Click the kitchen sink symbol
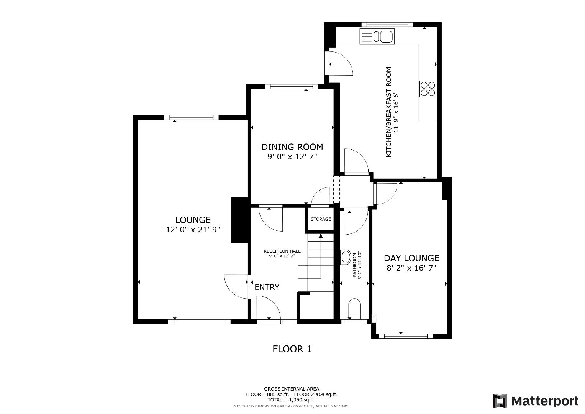point(377,37)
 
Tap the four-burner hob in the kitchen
point(428,89)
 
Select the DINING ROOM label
point(292,147)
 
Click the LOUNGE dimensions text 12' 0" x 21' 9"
point(193,230)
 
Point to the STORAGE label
point(321,219)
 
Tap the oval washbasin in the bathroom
point(345,257)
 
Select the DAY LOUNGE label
point(411,258)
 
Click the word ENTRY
point(267,287)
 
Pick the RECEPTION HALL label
point(282,251)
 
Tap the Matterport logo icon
point(500,401)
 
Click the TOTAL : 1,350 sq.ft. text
point(292,399)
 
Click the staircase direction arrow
point(320,236)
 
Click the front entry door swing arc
point(268,309)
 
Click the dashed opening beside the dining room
point(336,189)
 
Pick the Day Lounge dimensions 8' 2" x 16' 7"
point(411,268)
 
